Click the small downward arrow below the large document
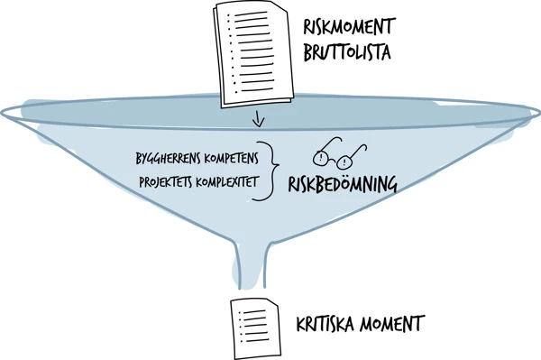pyautogui.click(x=260, y=119)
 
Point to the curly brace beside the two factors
pyautogui.click(x=268, y=170)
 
